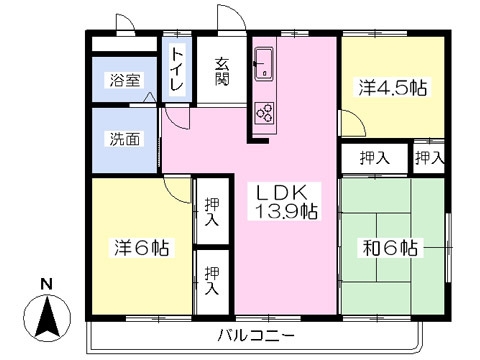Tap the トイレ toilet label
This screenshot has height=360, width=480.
(177, 71)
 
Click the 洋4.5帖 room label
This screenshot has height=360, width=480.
(393, 88)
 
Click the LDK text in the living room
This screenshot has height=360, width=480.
(283, 192)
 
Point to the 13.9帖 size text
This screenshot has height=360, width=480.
(284, 212)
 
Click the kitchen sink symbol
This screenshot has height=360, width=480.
(265, 66)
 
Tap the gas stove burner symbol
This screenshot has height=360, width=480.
(266, 109)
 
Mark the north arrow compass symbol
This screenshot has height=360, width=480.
(47, 319)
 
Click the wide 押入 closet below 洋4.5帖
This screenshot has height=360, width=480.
(374, 157)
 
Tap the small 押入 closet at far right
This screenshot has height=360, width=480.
(429, 157)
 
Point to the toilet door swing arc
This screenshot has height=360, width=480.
(175, 114)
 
